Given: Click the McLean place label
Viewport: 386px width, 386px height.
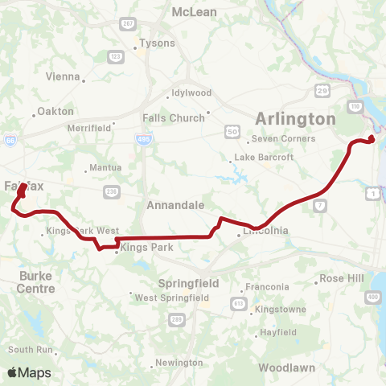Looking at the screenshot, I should (x=191, y=12).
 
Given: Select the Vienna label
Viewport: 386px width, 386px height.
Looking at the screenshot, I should (x=64, y=77).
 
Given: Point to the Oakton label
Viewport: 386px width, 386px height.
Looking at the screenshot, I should (x=55, y=111).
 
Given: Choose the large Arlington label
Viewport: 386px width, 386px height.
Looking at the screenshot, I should (x=295, y=119).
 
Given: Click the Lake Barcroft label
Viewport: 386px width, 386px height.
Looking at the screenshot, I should (x=259, y=158).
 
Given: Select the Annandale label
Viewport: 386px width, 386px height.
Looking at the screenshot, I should (x=175, y=205).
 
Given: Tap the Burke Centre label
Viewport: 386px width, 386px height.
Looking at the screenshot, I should (x=36, y=281).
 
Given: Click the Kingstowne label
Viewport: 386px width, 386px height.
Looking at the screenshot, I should (x=281, y=310).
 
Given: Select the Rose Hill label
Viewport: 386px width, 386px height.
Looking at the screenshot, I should (x=342, y=278).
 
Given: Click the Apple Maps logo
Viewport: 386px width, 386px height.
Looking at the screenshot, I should (x=29, y=372).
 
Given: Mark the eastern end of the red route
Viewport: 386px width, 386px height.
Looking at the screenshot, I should (x=372, y=139).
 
